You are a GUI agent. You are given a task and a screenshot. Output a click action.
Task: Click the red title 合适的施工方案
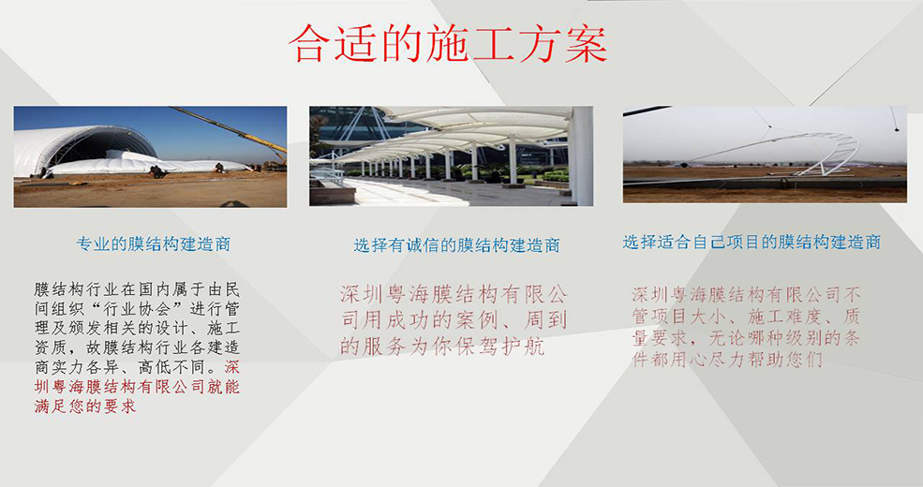pyautogui.click(x=448, y=44)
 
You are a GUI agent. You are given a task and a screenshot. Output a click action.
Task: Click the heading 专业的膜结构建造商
pyautogui.click(x=154, y=243)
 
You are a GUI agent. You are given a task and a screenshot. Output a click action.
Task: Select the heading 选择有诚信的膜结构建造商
pyautogui.click(x=456, y=244)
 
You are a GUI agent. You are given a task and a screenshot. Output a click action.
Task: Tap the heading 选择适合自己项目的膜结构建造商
pyautogui.click(x=752, y=242)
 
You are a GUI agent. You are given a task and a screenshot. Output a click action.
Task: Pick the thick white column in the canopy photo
pyautogui.click(x=583, y=155)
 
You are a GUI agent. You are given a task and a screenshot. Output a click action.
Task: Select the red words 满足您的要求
pyautogui.click(x=85, y=406)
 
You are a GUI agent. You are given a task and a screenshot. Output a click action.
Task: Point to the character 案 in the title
pyautogui.click(x=586, y=44)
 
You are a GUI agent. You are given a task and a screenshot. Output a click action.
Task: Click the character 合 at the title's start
pyautogui.click(x=309, y=44)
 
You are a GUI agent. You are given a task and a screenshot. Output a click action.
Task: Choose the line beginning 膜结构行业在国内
pyautogui.click(x=137, y=289)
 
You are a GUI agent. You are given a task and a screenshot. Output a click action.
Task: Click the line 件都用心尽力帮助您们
pyautogui.click(x=727, y=360)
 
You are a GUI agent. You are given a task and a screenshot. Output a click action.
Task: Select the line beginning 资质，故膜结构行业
pyautogui.click(x=137, y=347)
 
